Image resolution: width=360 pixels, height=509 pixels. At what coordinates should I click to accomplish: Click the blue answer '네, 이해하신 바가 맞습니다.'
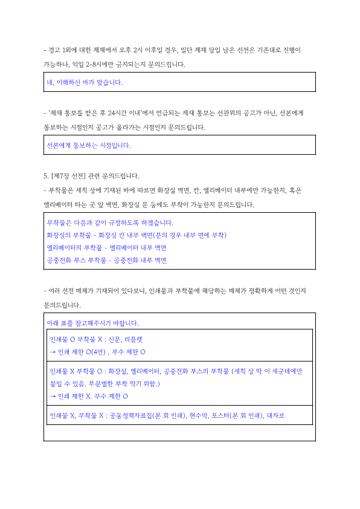click(x=85, y=82)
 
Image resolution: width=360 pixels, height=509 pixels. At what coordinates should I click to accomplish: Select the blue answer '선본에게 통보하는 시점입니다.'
click(x=89, y=145)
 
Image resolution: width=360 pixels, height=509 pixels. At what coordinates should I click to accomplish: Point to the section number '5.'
click(x=46, y=176)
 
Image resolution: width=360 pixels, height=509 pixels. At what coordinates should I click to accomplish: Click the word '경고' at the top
click(x=54, y=49)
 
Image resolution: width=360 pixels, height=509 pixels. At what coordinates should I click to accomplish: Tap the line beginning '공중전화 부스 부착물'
click(x=106, y=261)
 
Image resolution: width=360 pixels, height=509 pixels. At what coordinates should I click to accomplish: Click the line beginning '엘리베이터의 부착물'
click(x=106, y=248)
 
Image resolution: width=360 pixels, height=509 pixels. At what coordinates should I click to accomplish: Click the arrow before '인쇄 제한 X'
click(x=53, y=397)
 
